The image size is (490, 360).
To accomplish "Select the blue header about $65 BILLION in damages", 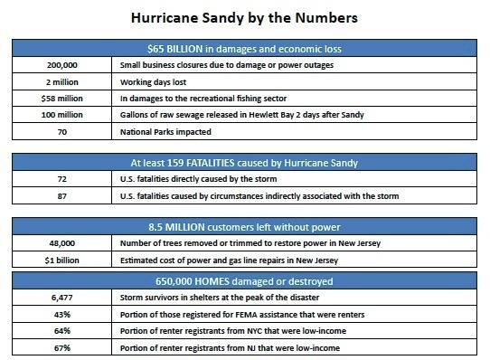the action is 244,48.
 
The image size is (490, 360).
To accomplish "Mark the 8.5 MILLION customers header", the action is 244,225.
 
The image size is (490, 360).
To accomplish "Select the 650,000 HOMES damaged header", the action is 244,277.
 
